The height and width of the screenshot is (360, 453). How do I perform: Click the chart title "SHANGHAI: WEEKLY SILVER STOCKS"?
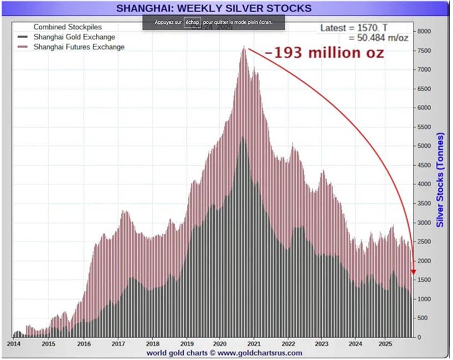click(214, 8)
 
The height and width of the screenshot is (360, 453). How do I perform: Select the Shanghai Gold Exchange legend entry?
click(74, 37)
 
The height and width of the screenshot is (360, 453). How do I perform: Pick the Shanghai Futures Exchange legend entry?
click(79, 47)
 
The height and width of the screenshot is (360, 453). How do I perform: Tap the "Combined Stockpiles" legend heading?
click(67, 27)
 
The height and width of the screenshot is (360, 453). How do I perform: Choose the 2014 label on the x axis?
click(14, 343)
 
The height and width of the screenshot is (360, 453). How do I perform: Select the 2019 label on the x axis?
click(187, 343)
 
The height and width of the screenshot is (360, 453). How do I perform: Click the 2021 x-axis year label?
click(255, 343)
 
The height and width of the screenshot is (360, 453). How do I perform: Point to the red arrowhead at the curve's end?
click(413, 272)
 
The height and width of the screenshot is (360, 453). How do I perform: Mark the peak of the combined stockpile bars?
click(244, 48)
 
